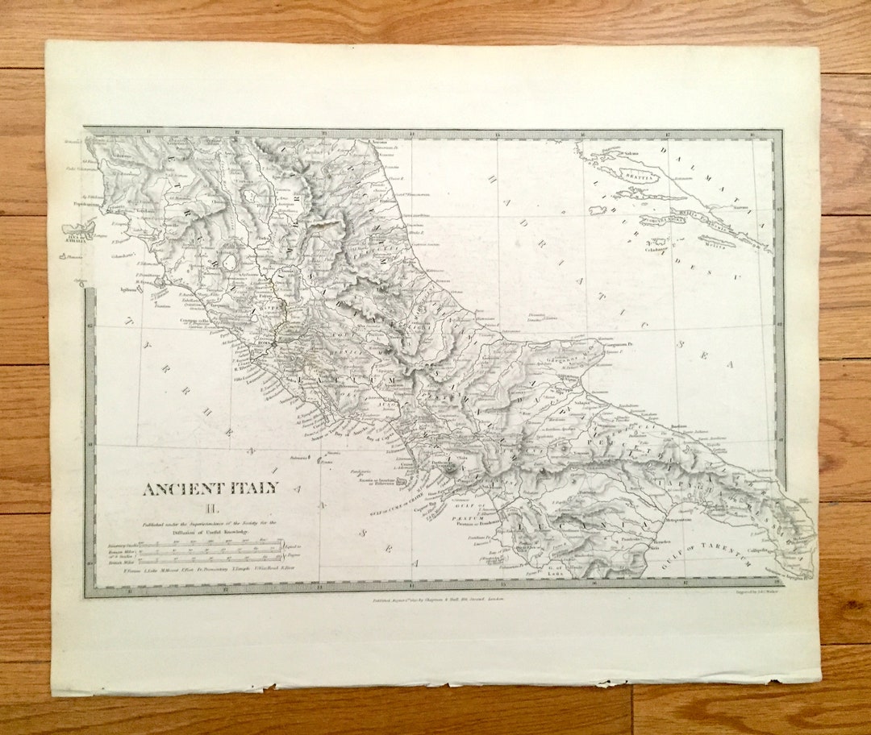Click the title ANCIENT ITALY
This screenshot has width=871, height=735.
(210, 488)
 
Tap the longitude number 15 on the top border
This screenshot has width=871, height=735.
(498, 135)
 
